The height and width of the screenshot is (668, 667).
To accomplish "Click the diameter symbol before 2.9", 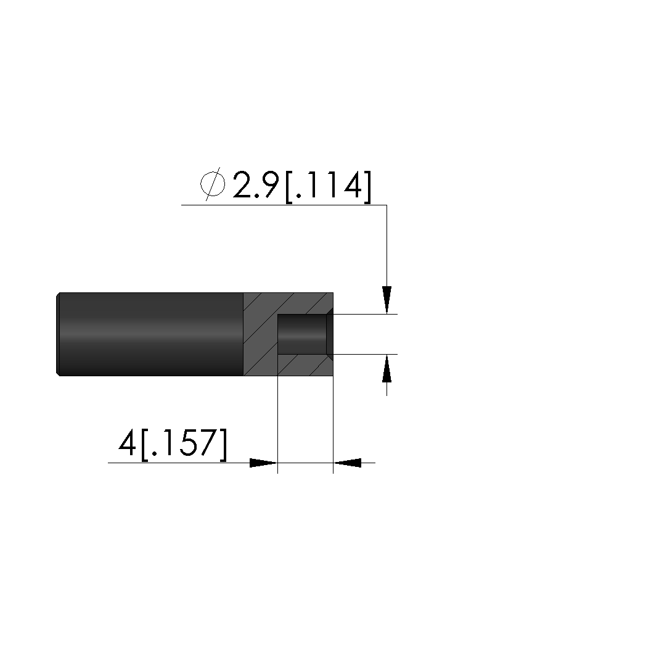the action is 213,184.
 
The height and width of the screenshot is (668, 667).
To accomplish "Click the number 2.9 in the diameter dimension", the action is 256,184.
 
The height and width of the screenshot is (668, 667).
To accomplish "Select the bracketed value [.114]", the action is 328,187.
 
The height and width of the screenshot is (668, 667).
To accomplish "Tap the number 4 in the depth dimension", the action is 127,442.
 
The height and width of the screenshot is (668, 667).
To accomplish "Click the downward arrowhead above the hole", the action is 387,300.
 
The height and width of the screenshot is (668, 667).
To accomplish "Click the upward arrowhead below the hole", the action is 387,368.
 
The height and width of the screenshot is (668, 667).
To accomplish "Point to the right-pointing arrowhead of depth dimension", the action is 263,463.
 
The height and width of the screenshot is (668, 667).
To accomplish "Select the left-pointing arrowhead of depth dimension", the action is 347,463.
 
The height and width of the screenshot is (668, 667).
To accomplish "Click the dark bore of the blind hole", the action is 302,334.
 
